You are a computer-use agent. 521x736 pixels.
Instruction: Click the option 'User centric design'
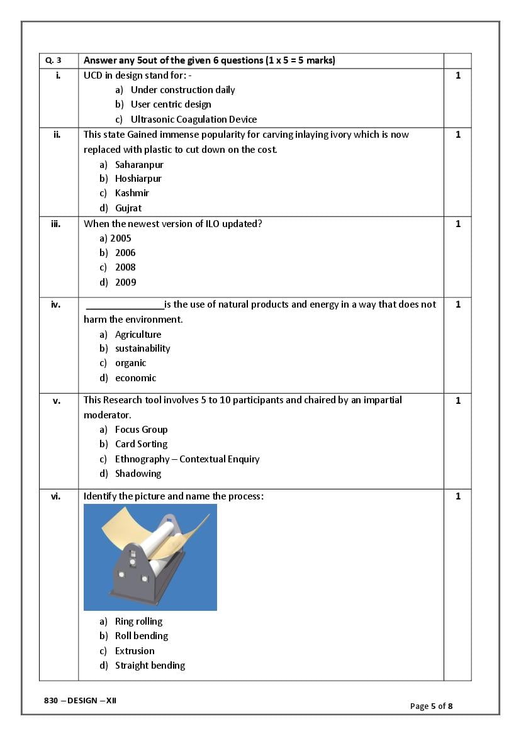pyautogui.click(x=171, y=104)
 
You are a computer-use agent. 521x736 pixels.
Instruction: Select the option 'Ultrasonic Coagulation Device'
pyautogui.click(x=194, y=120)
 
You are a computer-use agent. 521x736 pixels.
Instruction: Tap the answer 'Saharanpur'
pyautogui.click(x=139, y=165)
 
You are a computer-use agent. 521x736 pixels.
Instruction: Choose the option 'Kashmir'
pyautogui.click(x=132, y=193)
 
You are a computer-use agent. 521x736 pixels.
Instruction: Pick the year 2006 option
pyautogui.click(x=125, y=253)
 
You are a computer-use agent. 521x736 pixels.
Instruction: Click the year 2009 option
pyautogui.click(x=125, y=282)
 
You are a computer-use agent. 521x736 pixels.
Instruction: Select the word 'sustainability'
pyautogui.click(x=143, y=348)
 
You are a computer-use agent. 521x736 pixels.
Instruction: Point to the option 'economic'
pyautogui.click(x=136, y=378)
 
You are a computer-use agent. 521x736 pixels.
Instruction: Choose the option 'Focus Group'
pyautogui.click(x=142, y=430)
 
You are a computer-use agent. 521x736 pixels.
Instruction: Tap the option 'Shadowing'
pyautogui.click(x=138, y=474)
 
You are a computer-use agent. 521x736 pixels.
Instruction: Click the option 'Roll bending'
pyautogui.click(x=142, y=636)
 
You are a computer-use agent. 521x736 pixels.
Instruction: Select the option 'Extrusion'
pyautogui.click(x=135, y=651)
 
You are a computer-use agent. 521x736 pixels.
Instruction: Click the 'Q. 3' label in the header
pyautogui.click(x=53, y=61)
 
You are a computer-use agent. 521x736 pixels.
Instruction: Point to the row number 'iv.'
pyautogui.click(x=56, y=304)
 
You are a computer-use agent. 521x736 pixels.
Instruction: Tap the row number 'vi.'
pyautogui.click(x=56, y=496)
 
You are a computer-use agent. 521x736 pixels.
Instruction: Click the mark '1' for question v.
pyautogui.click(x=458, y=401)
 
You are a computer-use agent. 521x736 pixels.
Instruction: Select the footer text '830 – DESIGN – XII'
pyautogui.click(x=81, y=701)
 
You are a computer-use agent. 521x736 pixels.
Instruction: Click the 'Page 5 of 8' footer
pyautogui.click(x=431, y=706)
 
